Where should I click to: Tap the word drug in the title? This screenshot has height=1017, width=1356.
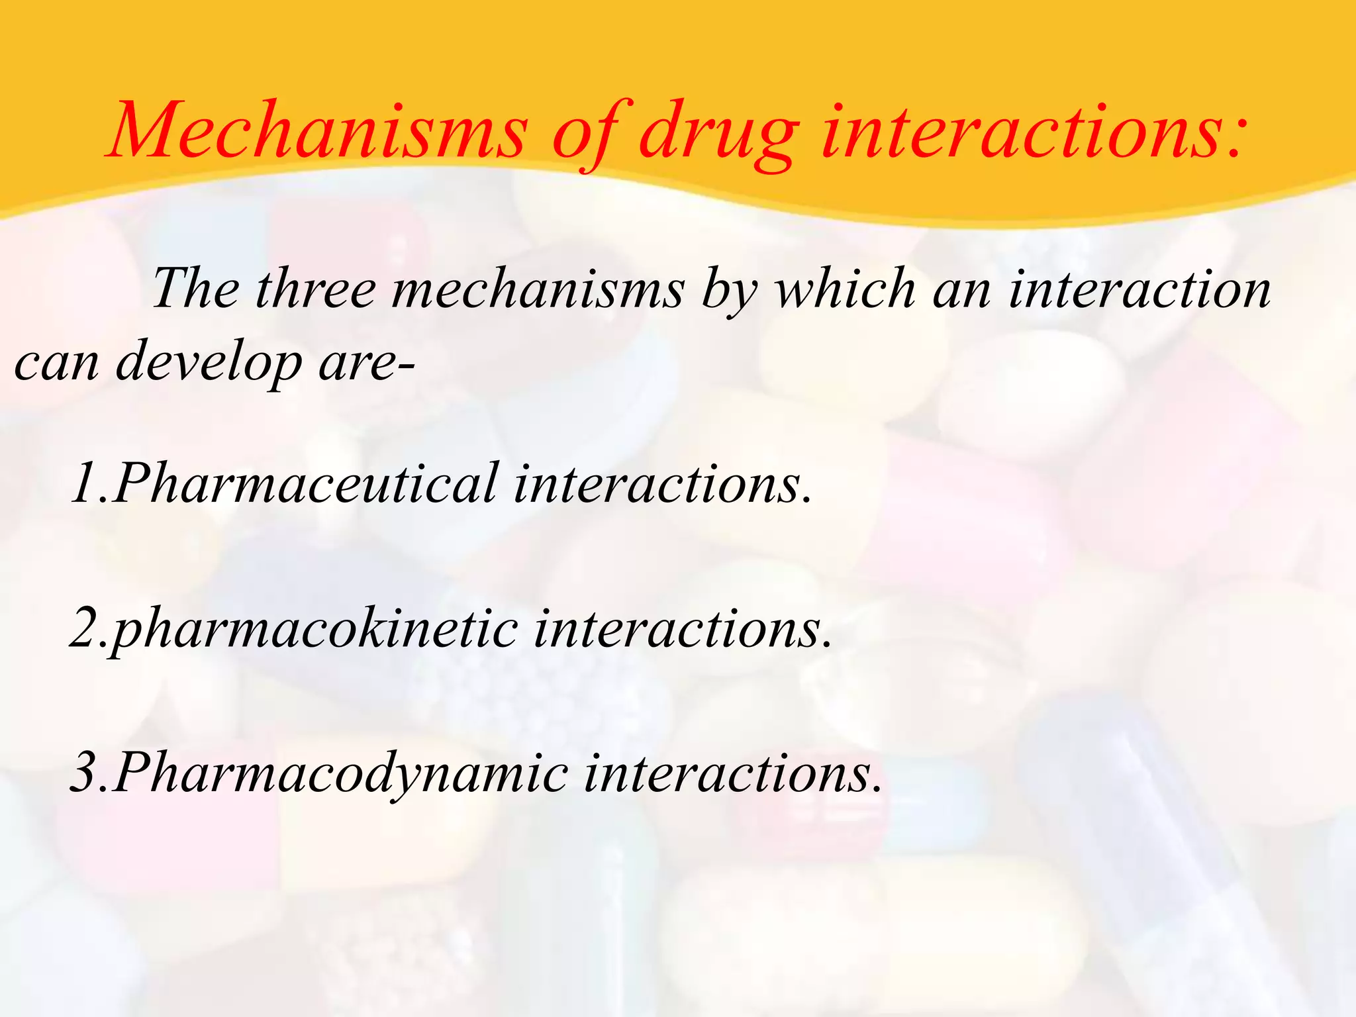coord(718,132)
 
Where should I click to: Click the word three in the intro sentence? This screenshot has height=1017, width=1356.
coord(314,289)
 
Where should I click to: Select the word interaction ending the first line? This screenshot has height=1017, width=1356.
coord(1139,289)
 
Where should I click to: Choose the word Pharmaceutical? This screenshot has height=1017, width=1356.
coord(305,484)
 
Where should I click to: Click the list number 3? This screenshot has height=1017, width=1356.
coord(84,773)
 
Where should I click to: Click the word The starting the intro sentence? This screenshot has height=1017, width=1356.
coord(195,289)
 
